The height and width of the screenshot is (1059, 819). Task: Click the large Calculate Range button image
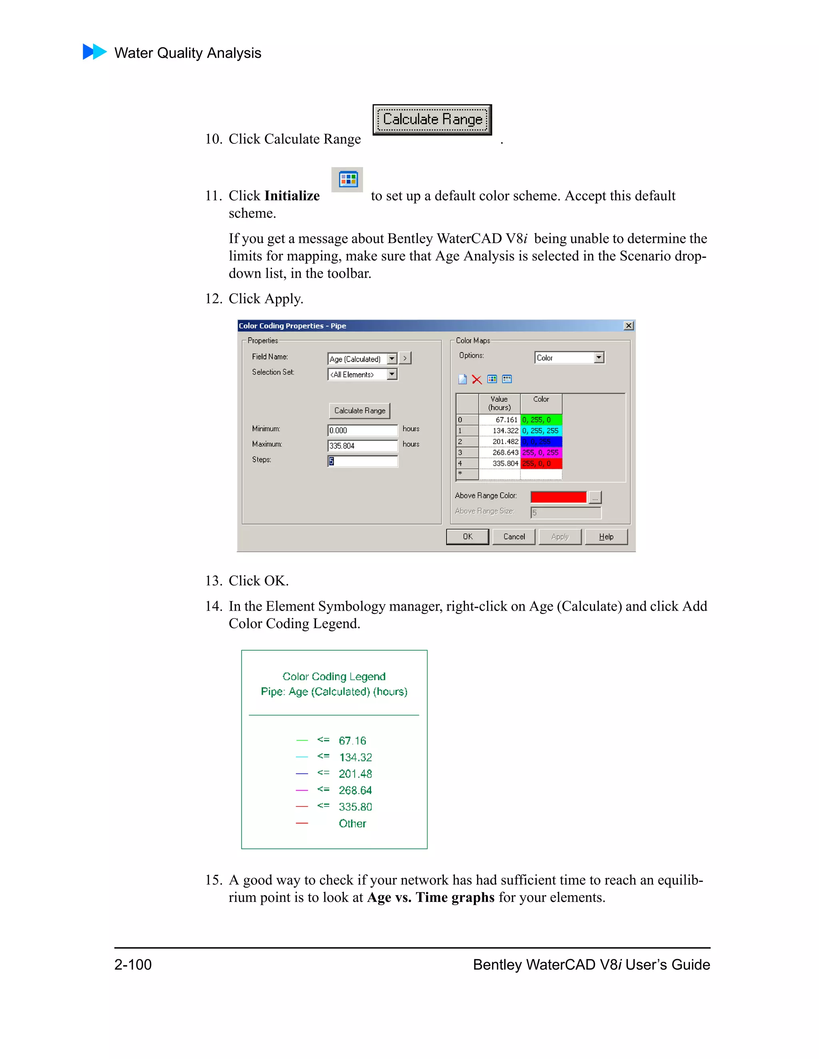pos(432,119)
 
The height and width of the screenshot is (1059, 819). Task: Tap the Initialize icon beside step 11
pos(348,179)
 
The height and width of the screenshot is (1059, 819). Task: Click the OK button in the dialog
pos(467,537)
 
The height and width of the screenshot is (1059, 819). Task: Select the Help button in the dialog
pos(606,537)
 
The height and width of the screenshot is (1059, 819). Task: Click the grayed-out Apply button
pos(560,537)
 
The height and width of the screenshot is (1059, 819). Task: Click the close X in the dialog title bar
pos(628,326)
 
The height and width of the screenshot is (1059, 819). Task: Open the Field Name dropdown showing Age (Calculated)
pos(392,358)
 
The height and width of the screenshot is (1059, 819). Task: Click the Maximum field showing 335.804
pos(362,446)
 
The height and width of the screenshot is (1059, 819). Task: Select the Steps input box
pos(362,461)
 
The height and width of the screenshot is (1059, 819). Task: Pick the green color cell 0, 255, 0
pos(541,420)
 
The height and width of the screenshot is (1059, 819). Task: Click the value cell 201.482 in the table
pos(500,442)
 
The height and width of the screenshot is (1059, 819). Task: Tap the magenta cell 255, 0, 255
pos(541,452)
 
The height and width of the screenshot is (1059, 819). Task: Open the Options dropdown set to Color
pos(599,357)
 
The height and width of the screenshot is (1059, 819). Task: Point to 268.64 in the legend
pos(355,790)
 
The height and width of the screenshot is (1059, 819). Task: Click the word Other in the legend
pos(352,823)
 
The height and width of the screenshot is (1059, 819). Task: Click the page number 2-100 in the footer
pos(133,964)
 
